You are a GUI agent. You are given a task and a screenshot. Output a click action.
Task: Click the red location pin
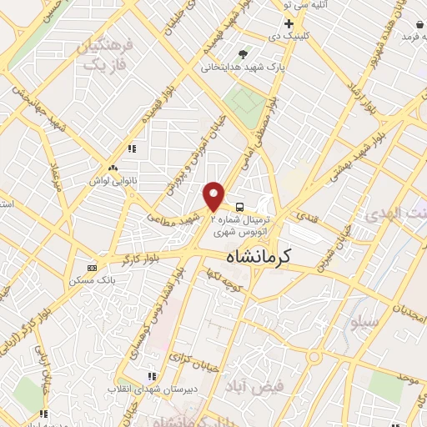214,196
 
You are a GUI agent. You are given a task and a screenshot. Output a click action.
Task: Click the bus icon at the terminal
240,205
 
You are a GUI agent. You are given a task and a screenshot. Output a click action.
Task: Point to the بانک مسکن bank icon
92,268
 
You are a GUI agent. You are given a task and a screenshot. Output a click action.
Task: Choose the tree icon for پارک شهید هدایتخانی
242,53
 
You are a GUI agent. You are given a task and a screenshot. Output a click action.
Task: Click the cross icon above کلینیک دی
289,24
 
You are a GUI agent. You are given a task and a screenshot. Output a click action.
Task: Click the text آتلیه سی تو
312,5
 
